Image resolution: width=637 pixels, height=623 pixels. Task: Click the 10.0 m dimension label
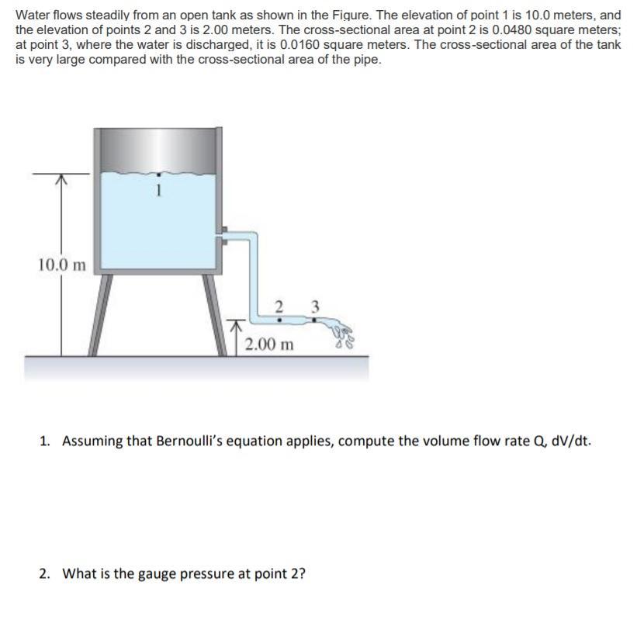click(x=62, y=265)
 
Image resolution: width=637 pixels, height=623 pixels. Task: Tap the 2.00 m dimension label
click(x=268, y=344)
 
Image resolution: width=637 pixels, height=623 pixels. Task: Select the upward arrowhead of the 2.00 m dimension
click(x=238, y=322)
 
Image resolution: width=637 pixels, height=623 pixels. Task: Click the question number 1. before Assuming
click(x=46, y=441)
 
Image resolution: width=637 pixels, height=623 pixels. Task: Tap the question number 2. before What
click(x=46, y=574)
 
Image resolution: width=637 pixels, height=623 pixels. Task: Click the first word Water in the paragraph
click(x=33, y=15)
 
